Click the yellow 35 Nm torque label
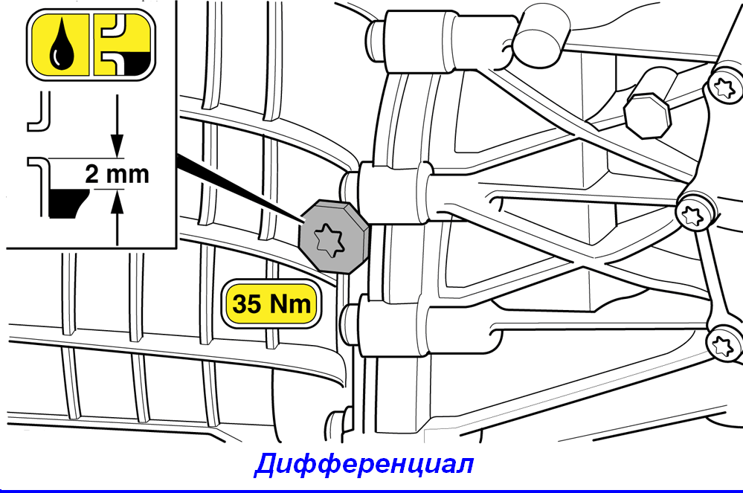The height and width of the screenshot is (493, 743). click(271, 303)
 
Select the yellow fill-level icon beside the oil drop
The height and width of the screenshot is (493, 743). click(122, 45)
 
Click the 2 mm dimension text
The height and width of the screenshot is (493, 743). click(117, 174)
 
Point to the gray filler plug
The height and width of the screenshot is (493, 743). click(334, 236)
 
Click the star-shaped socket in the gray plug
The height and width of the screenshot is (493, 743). click(329, 240)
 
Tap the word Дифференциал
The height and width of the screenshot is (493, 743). click(364, 464)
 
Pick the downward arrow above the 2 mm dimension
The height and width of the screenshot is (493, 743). click(117, 125)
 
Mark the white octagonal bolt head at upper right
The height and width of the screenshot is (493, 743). click(647, 116)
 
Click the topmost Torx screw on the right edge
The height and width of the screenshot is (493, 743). click(725, 88)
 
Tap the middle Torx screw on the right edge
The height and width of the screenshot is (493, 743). click(692, 216)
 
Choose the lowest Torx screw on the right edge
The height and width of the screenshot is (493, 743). click(724, 346)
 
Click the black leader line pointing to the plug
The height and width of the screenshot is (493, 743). click(239, 189)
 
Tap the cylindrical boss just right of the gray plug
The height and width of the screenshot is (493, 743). click(388, 193)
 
